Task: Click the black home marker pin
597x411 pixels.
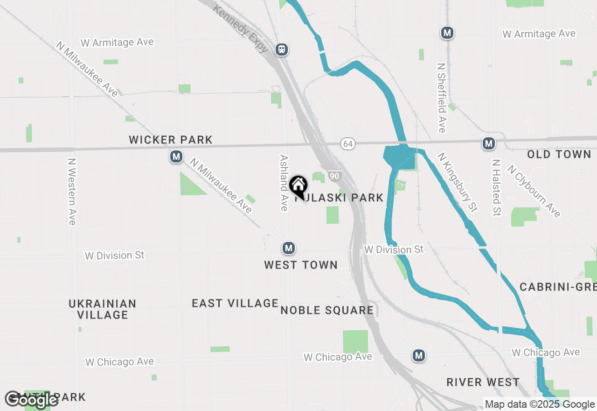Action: tap(298, 186)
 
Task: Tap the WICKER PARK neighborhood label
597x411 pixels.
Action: tap(171, 140)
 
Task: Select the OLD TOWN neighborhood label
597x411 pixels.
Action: tap(559, 155)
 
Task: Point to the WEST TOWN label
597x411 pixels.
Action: tap(301, 265)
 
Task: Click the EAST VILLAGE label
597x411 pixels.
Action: tap(235, 303)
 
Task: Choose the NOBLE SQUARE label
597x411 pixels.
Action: tap(327, 310)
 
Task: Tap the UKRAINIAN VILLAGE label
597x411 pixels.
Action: tap(103, 309)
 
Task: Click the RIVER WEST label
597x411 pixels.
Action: tap(483, 382)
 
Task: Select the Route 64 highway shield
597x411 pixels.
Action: tap(347, 144)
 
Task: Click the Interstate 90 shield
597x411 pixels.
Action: tap(334, 176)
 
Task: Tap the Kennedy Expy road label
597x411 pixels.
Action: tap(241, 28)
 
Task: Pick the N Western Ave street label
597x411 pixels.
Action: tap(72, 191)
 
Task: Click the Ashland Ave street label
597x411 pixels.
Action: tap(284, 183)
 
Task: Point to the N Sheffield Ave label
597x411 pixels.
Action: tap(441, 98)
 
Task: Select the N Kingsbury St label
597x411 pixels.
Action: tap(458, 182)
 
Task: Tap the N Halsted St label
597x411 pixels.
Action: tap(496, 188)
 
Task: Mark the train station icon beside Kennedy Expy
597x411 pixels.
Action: tap(281, 50)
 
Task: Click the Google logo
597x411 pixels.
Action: tap(32, 399)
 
